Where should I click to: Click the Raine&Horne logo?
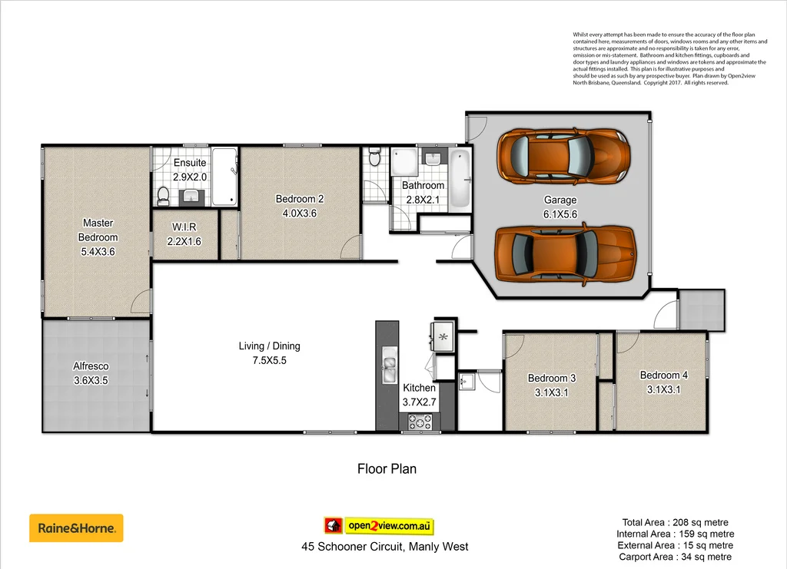76,528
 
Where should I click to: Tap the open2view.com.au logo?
378,526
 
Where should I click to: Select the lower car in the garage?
566,253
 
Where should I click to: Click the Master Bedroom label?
98,237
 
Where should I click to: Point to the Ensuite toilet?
163,197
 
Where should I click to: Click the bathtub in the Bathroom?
459,178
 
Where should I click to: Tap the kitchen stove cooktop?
420,421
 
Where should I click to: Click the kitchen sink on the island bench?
390,369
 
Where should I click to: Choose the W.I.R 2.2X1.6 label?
184,234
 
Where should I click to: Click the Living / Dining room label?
269,353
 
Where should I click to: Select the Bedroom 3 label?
552,385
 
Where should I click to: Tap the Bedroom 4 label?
663,382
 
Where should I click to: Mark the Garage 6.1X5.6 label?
560,207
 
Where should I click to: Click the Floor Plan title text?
387,468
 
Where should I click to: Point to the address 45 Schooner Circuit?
384,547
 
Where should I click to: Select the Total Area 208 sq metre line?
675,522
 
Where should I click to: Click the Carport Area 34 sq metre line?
675,557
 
